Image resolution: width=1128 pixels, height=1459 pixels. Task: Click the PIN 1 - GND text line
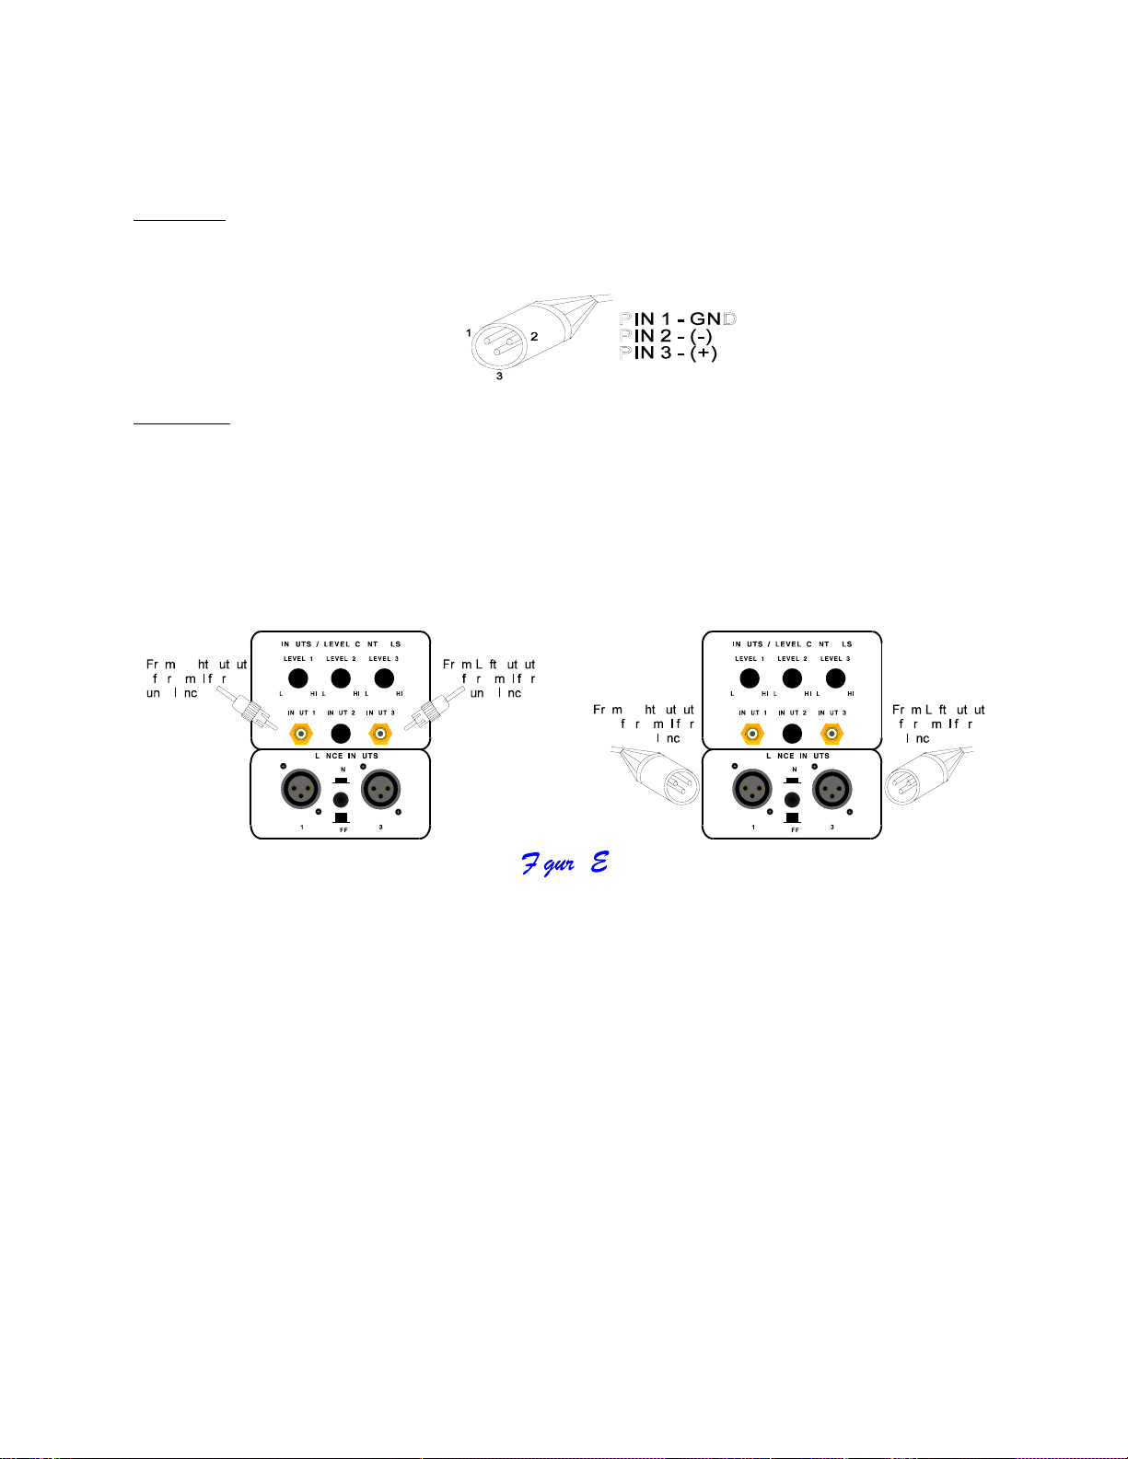(678, 319)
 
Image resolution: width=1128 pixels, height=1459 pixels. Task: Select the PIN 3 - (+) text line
(669, 353)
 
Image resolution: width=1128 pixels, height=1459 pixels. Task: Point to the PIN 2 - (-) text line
(666, 336)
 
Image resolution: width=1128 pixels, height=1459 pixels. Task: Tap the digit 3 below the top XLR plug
(499, 376)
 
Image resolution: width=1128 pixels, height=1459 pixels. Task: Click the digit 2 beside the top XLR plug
(534, 336)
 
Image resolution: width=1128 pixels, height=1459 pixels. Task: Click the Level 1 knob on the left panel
(297, 678)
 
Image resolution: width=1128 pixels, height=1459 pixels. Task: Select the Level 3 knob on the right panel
(835, 678)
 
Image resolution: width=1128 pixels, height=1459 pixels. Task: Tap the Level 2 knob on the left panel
(341, 678)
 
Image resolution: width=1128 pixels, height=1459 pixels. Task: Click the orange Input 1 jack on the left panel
(301, 734)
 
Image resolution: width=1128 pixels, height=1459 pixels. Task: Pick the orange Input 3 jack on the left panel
(380, 734)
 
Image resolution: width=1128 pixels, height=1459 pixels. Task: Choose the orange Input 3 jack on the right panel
(831, 734)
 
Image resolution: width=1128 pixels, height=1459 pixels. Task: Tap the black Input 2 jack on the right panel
(792, 734)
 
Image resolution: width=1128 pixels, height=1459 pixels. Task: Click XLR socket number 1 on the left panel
(301, 789)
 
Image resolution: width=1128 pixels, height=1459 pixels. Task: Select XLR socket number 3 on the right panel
(831, 789)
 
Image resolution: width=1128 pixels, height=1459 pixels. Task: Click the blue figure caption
(564, 863)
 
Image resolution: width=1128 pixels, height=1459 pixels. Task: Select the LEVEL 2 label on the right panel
(792, 659)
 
